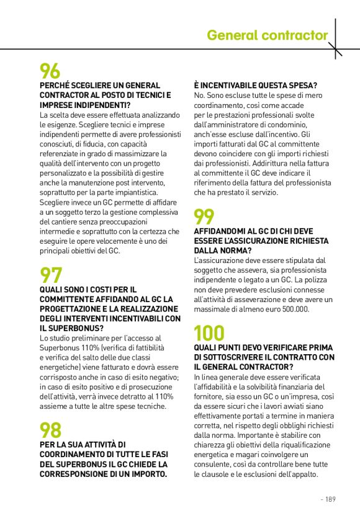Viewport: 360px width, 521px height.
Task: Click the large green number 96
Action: point(50,71)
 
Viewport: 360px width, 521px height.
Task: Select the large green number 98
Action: point(51,430)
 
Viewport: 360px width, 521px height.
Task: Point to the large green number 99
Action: point(205,216)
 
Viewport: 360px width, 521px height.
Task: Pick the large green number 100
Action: point(209,334)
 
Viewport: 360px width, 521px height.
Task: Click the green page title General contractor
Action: point(268,35)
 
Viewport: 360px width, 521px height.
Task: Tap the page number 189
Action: point(329,499)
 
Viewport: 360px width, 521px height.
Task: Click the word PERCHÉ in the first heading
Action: point(56,85)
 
